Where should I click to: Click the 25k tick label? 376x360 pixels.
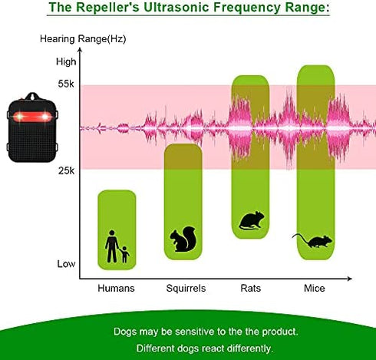(x=66, y=170)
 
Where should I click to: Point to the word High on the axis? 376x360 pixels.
(x=67, y=61)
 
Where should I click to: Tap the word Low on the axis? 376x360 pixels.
(x=67, y=264)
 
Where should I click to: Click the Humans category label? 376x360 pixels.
(x=116, y=289)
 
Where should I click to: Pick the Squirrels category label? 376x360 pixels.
(x=186, y=289)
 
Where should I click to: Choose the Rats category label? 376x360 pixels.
(x=250, y=289)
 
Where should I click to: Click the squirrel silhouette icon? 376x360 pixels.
(x=183, y=240)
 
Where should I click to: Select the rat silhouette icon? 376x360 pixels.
(x=250, y=222)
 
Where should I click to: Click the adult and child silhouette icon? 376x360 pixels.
(x=117, y=246)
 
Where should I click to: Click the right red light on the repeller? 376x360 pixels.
(x=45, y=117)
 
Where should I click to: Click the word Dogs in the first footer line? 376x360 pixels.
(x=126, y=332)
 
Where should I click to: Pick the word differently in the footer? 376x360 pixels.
(x=249, y=348)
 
